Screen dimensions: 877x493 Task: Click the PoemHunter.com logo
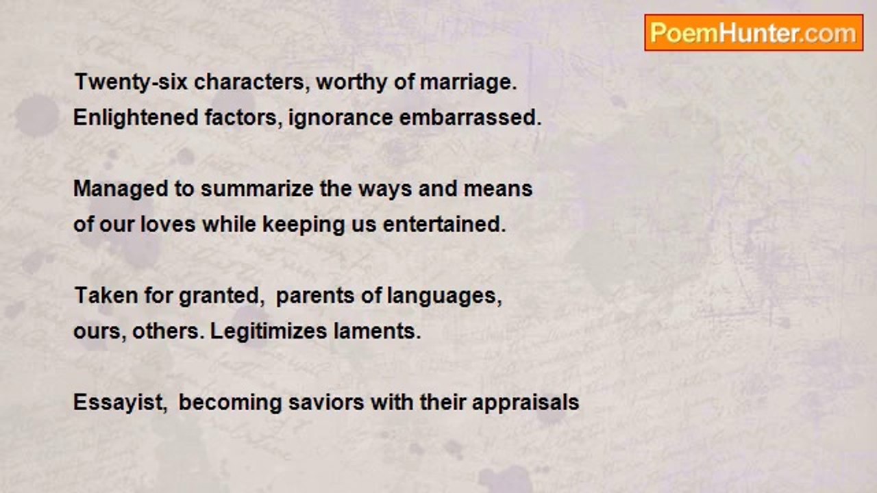pos(754,33)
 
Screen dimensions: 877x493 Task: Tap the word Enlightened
pos(136,117)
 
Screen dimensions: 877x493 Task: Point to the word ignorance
pos(341,117)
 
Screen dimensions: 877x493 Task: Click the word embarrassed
pos(470,117)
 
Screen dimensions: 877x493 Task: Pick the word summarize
pos(257,188)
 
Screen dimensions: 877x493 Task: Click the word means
pos(498,189)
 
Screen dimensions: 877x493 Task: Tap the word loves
pos(168,225)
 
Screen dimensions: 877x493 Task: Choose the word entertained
pos(445,225)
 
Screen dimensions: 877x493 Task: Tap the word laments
pos(378,331)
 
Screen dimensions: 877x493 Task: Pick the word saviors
pos(326,403)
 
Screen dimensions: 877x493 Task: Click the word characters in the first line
pos(251,83)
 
